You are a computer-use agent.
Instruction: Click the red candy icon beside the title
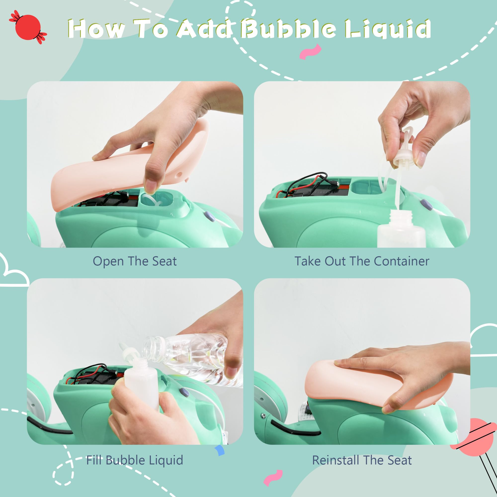tap(28, 27)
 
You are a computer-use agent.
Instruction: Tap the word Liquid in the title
tap(388, 29)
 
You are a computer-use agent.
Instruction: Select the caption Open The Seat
tap(134, 261)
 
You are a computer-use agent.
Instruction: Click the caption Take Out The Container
tap(362, 261)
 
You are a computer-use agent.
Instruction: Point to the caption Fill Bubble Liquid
tap(134, 460)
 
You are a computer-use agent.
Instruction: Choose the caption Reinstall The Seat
tap(362, 460)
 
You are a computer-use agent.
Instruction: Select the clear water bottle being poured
tap(192, 359)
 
